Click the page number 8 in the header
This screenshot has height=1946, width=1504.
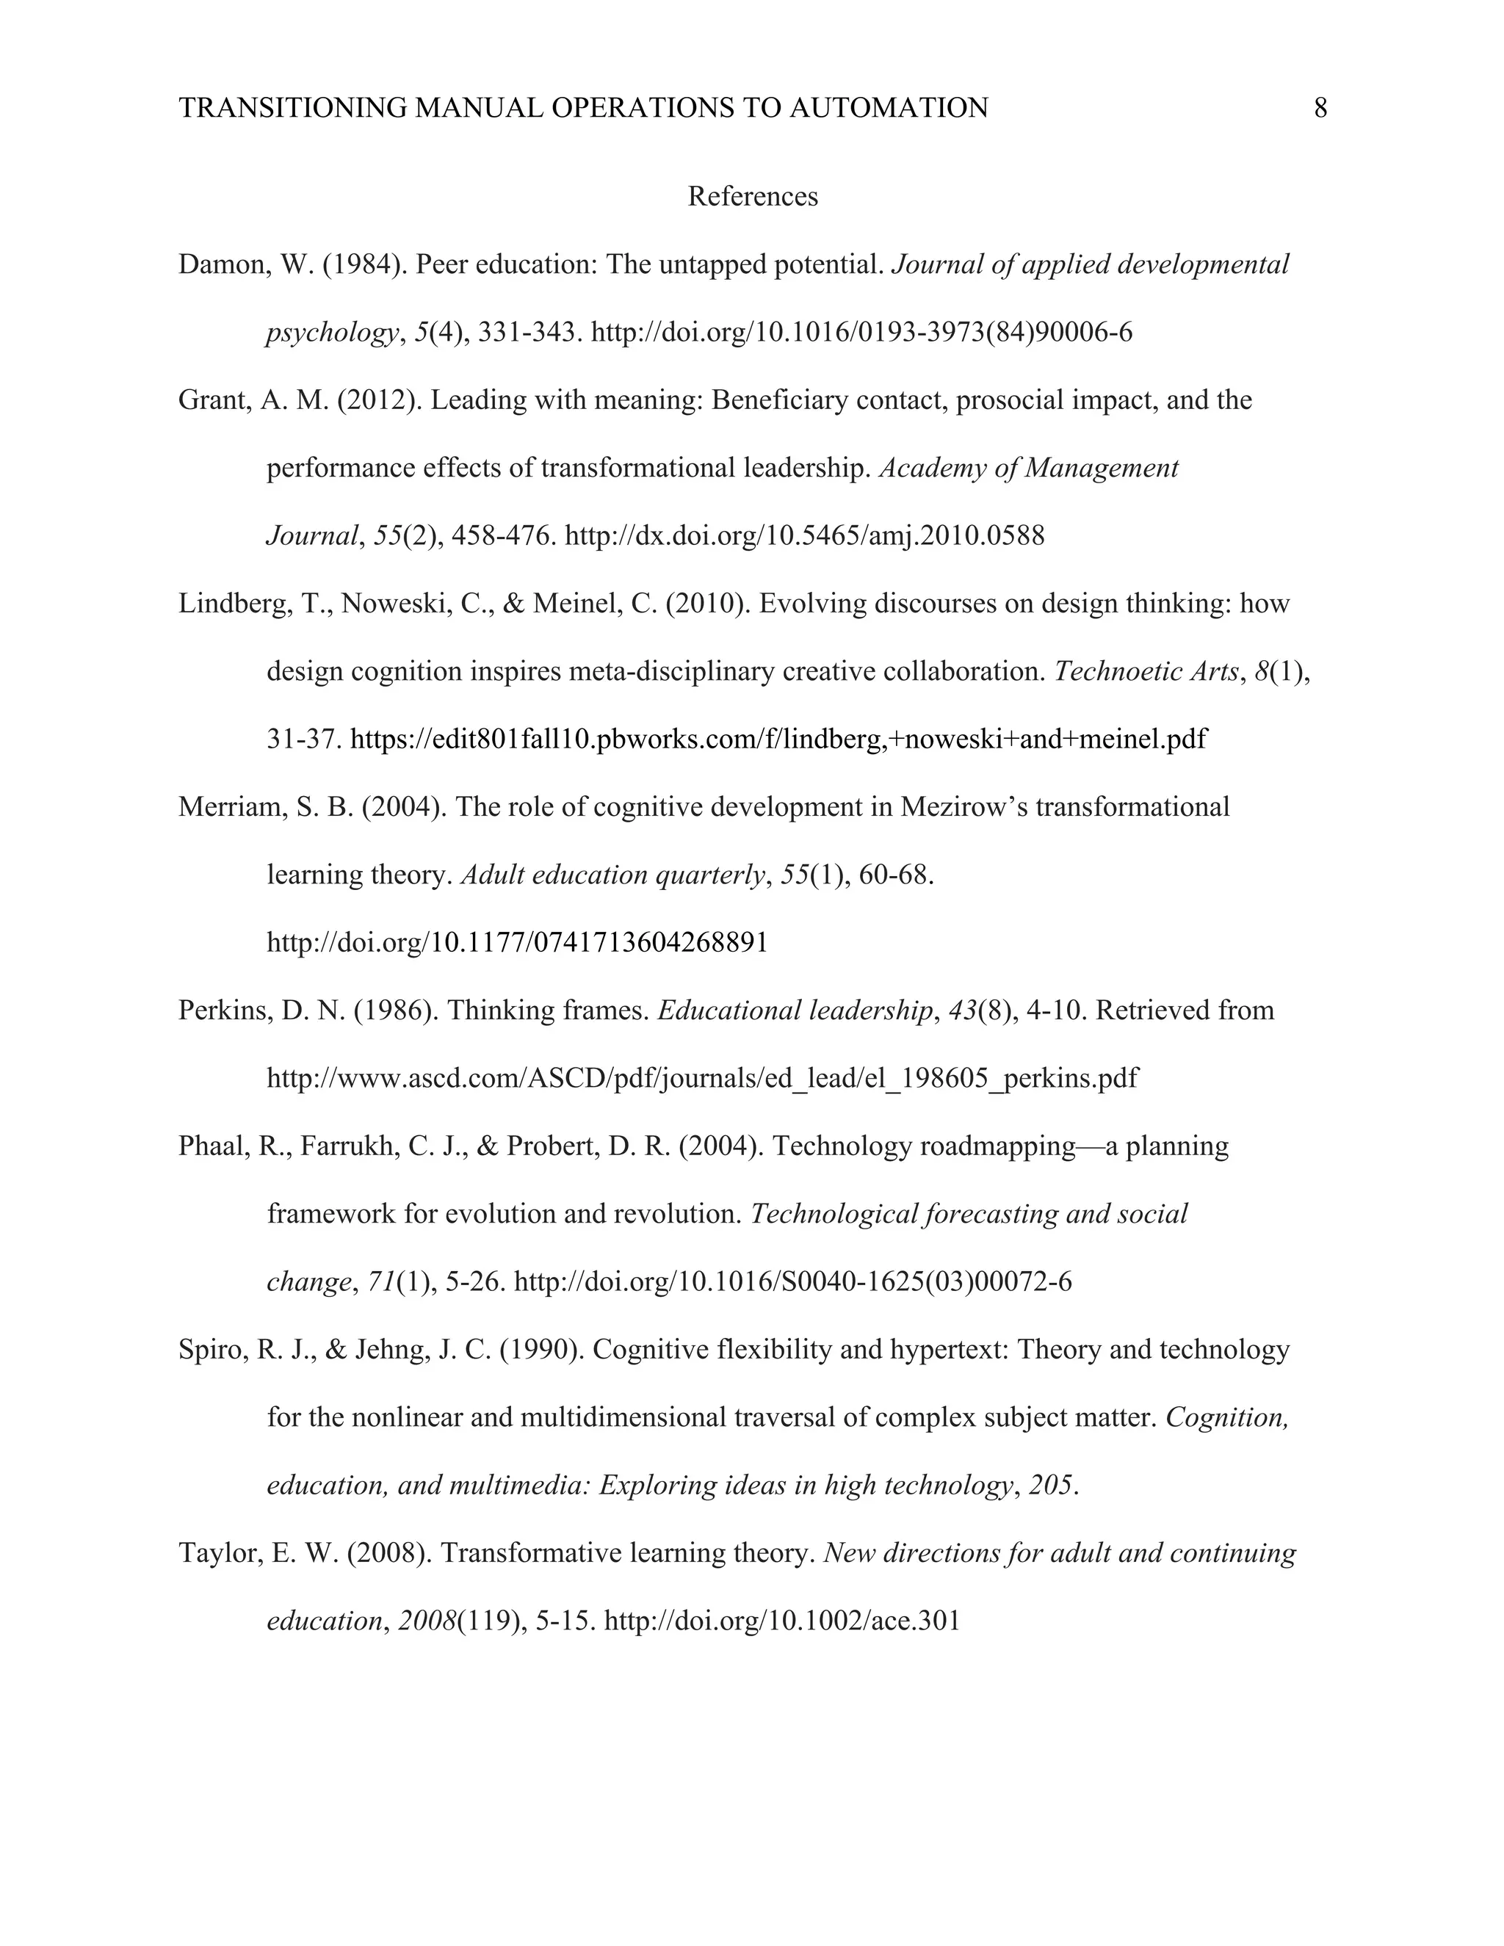[1320, 108]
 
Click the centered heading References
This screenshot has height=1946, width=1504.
[752, 196]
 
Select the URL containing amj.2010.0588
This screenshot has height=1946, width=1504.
[805, 535]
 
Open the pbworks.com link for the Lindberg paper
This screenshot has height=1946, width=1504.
[778, 739]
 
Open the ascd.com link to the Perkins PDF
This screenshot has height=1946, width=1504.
[702, 1078]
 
